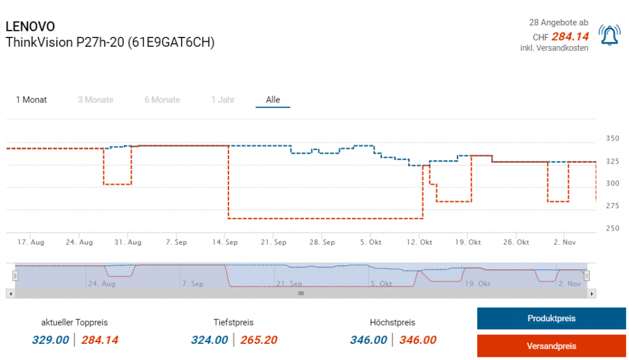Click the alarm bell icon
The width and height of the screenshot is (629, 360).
(x=609, y=36)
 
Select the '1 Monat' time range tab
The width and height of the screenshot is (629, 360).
(x=31, y=100)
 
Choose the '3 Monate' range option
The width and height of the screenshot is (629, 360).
(x=95, y=100)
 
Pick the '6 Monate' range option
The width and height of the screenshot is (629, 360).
(x=162, y=100)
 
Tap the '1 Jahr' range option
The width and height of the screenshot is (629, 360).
(x=223, y=100)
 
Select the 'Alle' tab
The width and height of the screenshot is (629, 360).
(x=273, y=100)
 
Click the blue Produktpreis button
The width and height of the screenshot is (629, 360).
(x=551, y=318)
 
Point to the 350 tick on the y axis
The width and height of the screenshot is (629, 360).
(x=612, y=138)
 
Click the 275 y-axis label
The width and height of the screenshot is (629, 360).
(x=612, y=206)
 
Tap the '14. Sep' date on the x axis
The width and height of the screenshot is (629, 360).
(x=225, y=242)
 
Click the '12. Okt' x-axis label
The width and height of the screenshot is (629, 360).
(x=420, y=242)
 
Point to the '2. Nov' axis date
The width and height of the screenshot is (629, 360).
(x=565, y=242)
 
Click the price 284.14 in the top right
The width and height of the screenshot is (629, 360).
(x=570, y=36)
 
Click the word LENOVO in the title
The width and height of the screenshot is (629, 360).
(x=30, y=26)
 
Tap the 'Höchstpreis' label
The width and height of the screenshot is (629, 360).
(x=393, y=322)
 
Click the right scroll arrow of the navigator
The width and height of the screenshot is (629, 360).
(x=592, y=294)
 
